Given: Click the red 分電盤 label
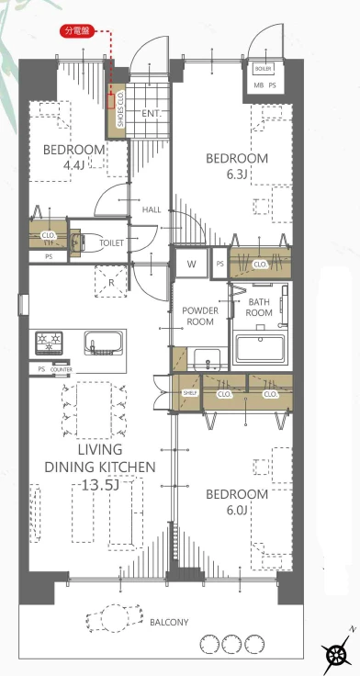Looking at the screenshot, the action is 77,31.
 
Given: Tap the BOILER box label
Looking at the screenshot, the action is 262,69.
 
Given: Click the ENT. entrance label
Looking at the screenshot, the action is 152,114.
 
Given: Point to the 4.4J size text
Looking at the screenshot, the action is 74,164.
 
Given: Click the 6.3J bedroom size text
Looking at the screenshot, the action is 237,174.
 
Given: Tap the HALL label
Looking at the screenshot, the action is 152,210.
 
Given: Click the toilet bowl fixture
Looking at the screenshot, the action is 84,242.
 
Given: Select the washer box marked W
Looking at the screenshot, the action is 191,264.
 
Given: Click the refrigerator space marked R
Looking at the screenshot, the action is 111,282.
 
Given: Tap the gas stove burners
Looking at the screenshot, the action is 49,343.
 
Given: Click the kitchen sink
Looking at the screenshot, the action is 101,343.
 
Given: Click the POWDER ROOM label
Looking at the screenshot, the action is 200,316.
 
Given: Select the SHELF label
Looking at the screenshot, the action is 190,394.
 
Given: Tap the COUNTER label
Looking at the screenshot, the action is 62,369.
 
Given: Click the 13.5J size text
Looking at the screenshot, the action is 100,486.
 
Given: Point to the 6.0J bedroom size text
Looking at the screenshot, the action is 237,511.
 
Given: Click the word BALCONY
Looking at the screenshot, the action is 169,622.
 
